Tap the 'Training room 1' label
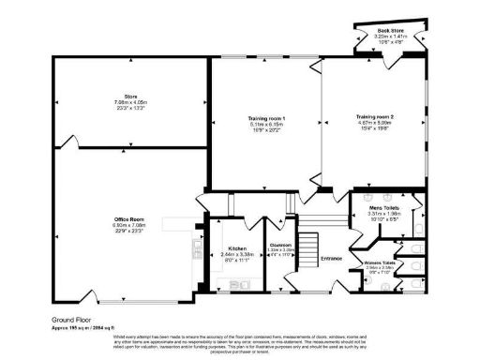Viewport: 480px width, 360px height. click(x=266, y=117)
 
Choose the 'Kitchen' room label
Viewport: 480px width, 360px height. click(x=236, y=247)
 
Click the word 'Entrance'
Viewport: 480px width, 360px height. click(x=331, y=257)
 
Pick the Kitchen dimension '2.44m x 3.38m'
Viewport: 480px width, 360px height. click(x=236, y=252)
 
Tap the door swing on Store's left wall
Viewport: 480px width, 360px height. click(x=67, y=145)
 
